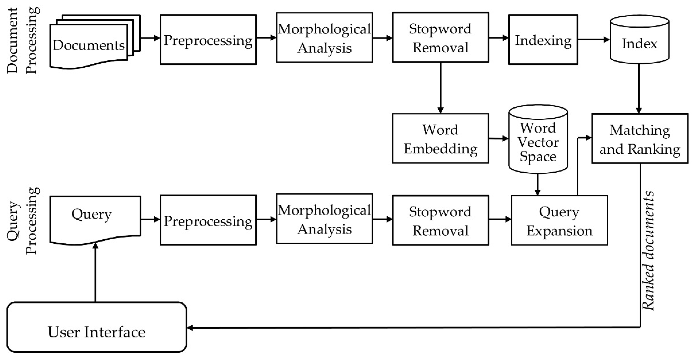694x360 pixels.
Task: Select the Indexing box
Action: pyautogui.click(x=543, y=40)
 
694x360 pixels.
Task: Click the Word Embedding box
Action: pyautogui.click(x=440, y=139)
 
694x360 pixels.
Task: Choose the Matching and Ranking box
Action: pyautogui.click(x=640, y=139)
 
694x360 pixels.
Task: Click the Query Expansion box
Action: pyautogui.click(x=559, y=220)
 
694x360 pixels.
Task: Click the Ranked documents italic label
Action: pyautogui.click(x=648, y=251)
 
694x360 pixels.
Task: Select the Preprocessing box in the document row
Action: pyautogui.click(x=208, y=40)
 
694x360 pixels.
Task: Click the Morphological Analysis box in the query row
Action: pyautogui.click(x=324, y=219)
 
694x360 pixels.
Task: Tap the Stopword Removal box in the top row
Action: pyautogui.click(x=440, y=38)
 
